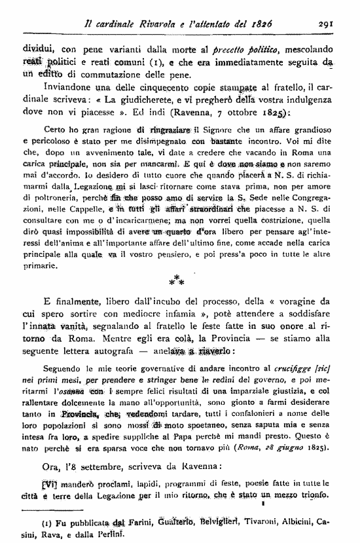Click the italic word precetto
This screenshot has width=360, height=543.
238,49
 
